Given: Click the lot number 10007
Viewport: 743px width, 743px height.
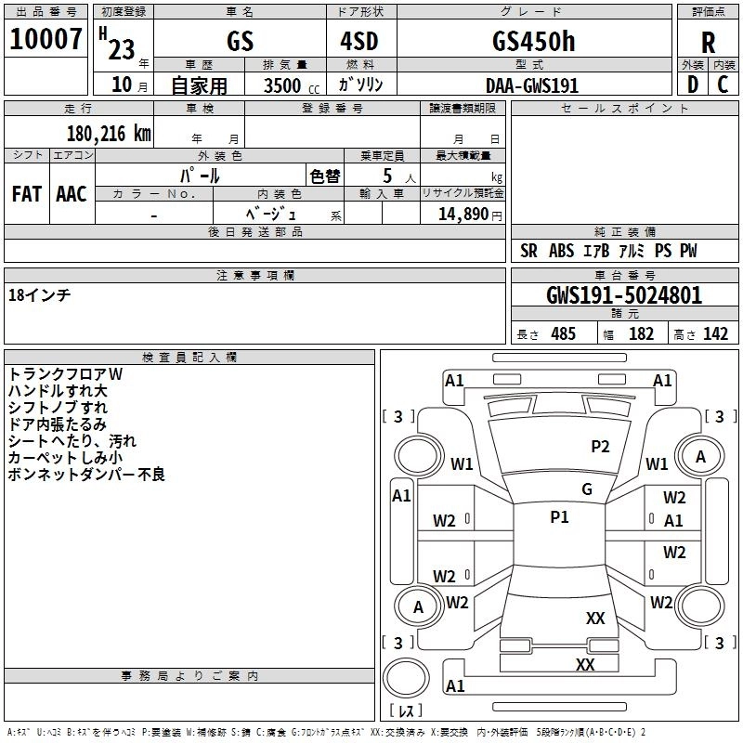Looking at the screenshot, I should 46,40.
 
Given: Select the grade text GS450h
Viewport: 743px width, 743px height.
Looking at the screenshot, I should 533,41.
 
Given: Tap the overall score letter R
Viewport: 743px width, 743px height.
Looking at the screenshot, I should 708,42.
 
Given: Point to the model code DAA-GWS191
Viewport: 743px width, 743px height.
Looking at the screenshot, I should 532,85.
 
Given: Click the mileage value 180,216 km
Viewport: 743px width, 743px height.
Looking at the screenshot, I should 109,134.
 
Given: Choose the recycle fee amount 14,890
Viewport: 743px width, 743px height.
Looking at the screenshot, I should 463,215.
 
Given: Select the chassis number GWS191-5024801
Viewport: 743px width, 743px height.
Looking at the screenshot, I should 624,295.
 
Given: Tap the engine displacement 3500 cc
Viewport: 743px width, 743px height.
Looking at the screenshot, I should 287,85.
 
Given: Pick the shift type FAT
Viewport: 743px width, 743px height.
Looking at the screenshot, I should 26,193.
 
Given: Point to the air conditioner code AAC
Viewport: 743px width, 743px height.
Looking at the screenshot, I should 72,193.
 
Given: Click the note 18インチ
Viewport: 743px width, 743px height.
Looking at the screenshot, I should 39,294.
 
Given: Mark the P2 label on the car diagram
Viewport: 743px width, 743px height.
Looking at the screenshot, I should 600,447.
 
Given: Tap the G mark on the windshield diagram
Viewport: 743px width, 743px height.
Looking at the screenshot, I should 587,489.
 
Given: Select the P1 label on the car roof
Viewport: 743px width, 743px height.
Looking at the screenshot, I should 559,517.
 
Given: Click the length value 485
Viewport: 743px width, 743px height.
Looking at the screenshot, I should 562,334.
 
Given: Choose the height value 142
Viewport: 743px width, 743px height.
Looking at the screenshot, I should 715,334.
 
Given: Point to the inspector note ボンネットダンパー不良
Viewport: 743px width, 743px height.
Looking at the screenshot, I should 86,475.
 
